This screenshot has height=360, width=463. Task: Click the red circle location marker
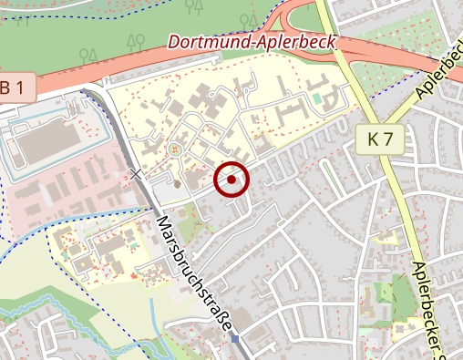pyautogui.click(x=231, y=180)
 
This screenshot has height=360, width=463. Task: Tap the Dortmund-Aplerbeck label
pyautogui.click(x=252, y=42)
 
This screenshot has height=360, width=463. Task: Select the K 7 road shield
pyautogui.click(x=386, y=139)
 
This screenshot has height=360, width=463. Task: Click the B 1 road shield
pyautogui.click(x=18, y=88)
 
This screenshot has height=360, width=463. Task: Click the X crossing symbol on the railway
pyautogui.click(x=137, y=173)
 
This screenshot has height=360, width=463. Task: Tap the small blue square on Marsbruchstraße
pyautogui.click(x=235, y=339)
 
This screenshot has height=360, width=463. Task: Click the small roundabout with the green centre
pyautogui.click(x=175, y=146)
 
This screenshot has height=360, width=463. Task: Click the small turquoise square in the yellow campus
pyautogui.click(x=316, y=95)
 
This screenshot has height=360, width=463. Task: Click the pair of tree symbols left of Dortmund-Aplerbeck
pyautogui.click(x=137, y=40)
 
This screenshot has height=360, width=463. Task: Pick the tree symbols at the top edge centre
pyautogui.click(x=193, y=6)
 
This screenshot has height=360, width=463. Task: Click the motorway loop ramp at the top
pyautogui.click(x=301, y=18)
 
